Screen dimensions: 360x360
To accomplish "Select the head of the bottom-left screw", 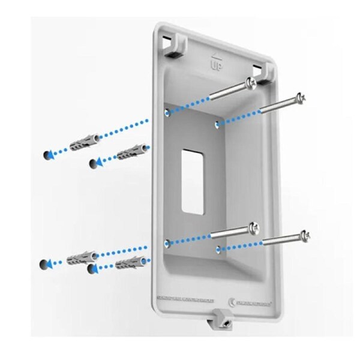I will (x=254, y=228).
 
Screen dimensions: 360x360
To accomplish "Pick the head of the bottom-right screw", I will (x=305, y=235).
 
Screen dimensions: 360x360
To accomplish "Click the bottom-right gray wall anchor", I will (x=129, y=263).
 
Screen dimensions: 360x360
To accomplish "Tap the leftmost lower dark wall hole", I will (x=44, y=264).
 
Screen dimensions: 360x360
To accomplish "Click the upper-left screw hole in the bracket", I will (x=167, y=112).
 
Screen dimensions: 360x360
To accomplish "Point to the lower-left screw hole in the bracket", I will (x=167, y=244).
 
